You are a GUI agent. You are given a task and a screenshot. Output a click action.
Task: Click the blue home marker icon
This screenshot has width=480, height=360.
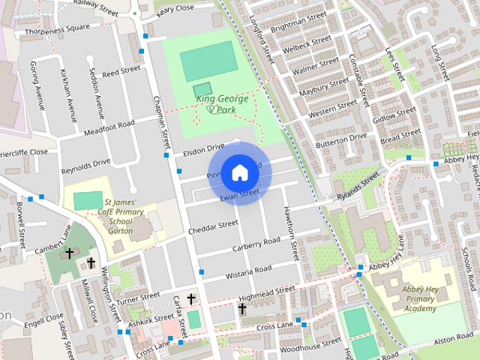point(239,173)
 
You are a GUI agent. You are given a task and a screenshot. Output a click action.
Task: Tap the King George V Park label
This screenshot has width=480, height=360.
point(222,103)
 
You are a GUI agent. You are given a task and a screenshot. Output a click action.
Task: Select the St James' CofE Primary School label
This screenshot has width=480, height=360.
point(120,217)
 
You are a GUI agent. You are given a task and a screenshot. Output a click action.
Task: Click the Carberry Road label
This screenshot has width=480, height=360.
point(256,244)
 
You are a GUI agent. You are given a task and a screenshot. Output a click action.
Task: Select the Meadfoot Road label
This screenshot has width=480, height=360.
point(109,128)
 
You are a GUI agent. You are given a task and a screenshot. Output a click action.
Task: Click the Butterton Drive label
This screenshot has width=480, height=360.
point(341,140)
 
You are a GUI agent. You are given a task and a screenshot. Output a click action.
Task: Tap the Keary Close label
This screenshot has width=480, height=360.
point(175,9)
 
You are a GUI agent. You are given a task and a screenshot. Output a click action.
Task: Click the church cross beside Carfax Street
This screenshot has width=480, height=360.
point(190,299)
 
